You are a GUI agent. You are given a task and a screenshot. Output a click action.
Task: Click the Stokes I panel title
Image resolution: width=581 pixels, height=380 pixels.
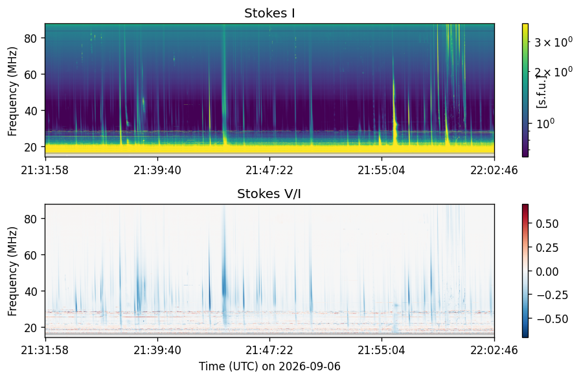tap(269, 14)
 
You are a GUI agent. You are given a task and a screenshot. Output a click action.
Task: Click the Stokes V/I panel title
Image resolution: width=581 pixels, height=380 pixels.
tap(269, 194)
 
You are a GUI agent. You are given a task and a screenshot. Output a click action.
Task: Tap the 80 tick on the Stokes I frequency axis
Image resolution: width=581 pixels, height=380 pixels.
tap(30, 39)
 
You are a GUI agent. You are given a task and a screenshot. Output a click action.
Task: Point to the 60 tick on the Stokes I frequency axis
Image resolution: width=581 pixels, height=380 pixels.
tap(30, 75)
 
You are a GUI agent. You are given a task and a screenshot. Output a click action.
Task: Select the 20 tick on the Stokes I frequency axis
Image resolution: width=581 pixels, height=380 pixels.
tap(30, 148)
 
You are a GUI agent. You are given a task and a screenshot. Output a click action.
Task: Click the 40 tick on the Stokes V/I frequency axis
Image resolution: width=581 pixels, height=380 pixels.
tap(30, 292)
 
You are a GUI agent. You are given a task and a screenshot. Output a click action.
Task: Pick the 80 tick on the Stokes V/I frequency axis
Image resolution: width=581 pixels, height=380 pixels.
tap(30, 219)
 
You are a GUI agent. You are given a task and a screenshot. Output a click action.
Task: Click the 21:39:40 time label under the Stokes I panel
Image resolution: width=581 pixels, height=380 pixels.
tap(157, 170)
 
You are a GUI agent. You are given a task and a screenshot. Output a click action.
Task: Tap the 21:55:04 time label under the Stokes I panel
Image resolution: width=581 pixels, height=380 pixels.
tap(382, 170)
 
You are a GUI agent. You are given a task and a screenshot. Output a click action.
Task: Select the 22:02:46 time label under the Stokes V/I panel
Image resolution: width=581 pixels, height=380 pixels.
tap(494, 350)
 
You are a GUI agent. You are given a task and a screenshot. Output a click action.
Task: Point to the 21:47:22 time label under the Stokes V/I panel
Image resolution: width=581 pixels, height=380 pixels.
tap(269, 350)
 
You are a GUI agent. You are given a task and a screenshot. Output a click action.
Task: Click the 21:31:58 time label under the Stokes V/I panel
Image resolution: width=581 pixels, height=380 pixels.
tap(45, 350)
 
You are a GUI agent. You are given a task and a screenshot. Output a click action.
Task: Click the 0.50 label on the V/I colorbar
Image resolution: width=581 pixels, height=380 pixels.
tap(547, 224)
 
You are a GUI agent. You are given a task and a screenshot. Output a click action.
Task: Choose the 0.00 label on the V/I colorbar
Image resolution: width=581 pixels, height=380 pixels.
tap(547, 272)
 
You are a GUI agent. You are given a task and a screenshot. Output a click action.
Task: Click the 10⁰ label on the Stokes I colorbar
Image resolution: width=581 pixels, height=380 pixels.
tap(545, 124)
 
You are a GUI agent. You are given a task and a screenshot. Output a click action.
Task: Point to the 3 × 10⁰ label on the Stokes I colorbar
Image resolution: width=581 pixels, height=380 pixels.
tap(554, 42)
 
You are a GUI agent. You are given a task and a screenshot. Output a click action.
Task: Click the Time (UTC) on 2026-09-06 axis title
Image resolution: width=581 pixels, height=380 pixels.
tap(269, 366)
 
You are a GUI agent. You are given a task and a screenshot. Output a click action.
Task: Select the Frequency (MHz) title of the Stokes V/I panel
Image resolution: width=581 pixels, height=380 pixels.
tap(12, 271)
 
